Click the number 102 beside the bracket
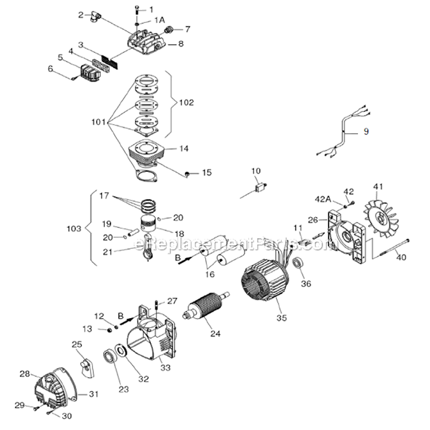[186, 103]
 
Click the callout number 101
[99, 122]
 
